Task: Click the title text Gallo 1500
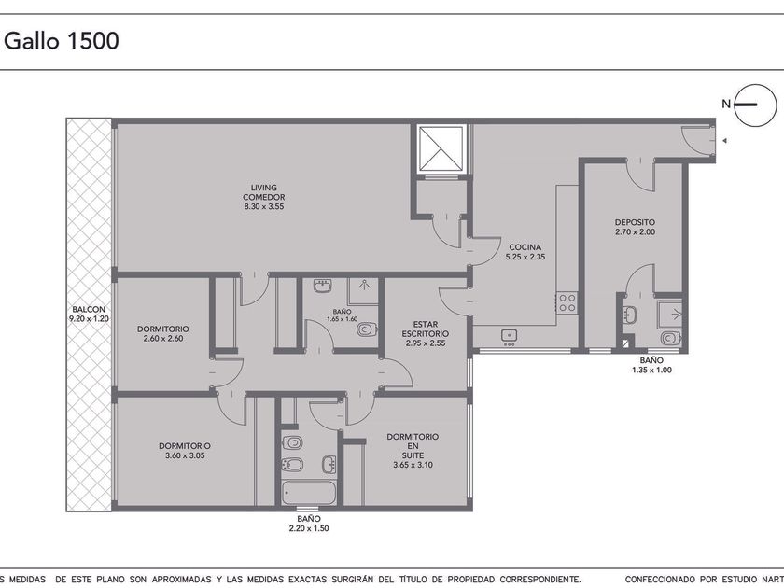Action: tap(62, 40)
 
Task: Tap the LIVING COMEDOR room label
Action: tap(264, 197)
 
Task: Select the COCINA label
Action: tap(525, 247)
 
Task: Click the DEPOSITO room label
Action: tap(635, 222)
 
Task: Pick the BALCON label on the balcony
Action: tap(89, 310)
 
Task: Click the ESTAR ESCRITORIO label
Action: tap(426, 329)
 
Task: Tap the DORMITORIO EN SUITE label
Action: tap(413, 446)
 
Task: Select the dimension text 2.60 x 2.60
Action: tap(163, 339)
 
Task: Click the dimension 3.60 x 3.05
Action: tap(185, 455)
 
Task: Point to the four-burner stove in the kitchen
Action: tap(567, 302)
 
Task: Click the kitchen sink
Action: tap(509, 335)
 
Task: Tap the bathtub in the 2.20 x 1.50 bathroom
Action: tap(309, 492)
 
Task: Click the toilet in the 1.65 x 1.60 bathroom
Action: tap(367, 330)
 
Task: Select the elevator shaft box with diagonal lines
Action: tap(441, 149)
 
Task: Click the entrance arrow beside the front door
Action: tap(724, 141)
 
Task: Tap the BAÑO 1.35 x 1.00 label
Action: tap(651, 366)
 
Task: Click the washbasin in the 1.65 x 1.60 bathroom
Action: tap(323, 287)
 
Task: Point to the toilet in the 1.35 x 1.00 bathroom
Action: tap(670, 339)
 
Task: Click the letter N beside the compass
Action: tap(726, 104)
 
